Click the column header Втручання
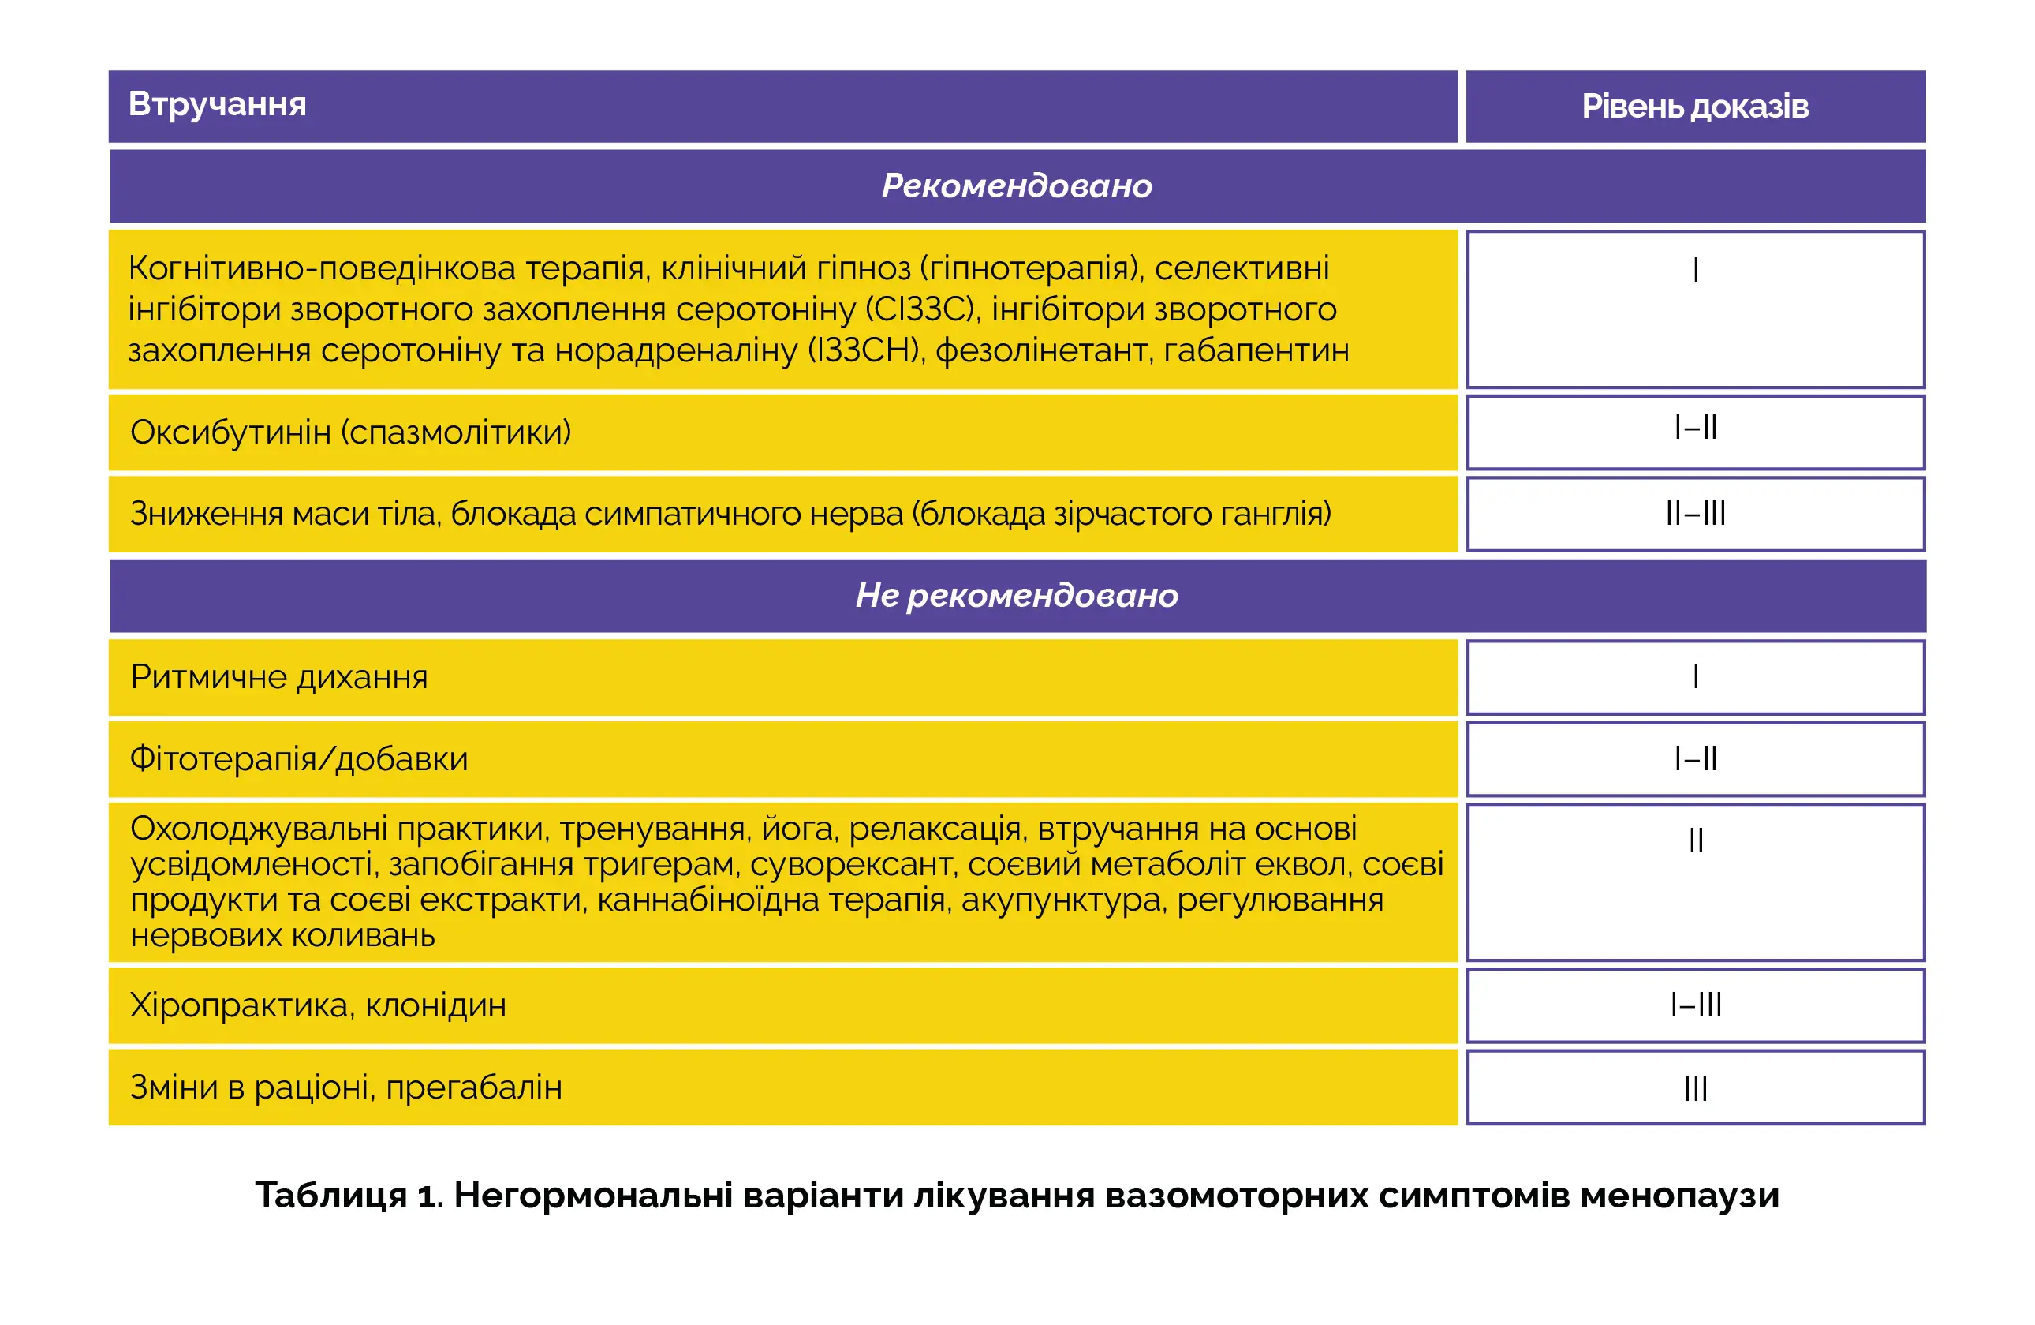click(217, 104)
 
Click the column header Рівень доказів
click(1695, 106)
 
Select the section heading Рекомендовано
click(1017, 185)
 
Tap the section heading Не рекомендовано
click(1017, 595)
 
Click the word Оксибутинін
click(230, 432)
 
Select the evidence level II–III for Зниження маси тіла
click(1696, 513)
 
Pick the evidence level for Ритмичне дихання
click(1696, 676)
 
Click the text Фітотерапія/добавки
click(298, 758)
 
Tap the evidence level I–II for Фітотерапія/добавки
click(1696, 758)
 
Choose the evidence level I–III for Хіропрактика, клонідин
click(1696, 1005)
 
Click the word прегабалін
click(474, 1087)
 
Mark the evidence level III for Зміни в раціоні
click(1696, 1089)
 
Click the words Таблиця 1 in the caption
click(347, 1195)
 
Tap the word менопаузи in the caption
click(1679, 1195)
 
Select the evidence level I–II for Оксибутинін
click(1696, 427)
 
